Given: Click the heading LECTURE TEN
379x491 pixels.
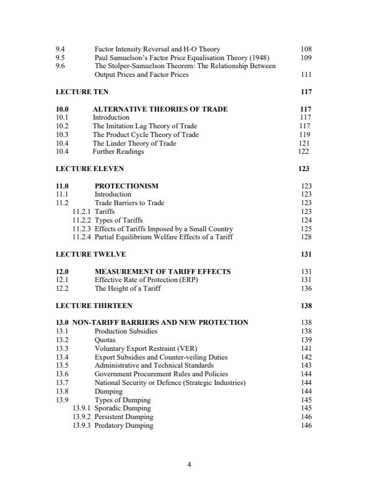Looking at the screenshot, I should point(82,92).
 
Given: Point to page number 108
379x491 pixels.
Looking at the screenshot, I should point(306,49).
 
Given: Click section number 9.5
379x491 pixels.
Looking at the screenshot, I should point(60,58).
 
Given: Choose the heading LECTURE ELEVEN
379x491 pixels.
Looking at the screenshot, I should point(90,169).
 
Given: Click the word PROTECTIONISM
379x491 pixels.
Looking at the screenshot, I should point(126,186).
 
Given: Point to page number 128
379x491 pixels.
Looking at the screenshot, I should point(306,237).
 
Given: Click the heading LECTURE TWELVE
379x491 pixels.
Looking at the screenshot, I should point(91,254).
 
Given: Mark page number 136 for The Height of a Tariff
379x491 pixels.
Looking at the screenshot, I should point(306,289).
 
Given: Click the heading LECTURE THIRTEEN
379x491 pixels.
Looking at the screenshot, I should point(94,306).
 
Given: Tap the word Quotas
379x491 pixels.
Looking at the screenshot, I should point(105,340).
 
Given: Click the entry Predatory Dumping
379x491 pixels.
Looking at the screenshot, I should point(124,426).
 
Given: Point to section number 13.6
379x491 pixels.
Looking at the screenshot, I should point(62,374).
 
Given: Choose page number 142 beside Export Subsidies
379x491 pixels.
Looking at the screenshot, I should point(306,358).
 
